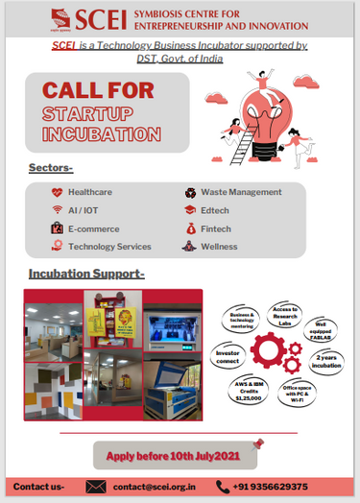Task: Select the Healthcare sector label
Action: (89, 192)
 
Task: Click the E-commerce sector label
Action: (93, 228)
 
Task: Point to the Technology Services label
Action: (109, 247)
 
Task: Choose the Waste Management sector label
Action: (241, 192)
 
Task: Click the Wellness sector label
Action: (219, 247)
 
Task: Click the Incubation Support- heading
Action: (86, 275)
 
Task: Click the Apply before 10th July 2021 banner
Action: (173, 455)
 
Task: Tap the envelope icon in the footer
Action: (95, 487)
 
